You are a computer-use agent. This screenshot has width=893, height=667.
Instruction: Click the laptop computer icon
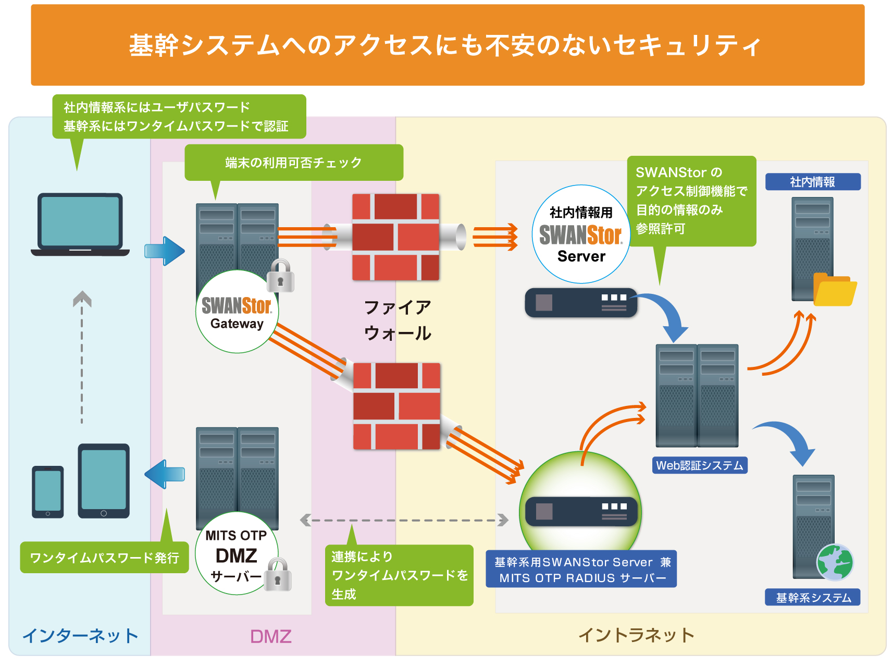(x=80, y=224)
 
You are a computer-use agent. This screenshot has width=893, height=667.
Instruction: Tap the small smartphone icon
(x=47, y=491)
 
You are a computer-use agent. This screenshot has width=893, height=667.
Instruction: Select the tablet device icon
(x=104, y=480)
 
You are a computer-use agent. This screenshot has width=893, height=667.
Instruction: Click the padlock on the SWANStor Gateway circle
(x=280, y=276)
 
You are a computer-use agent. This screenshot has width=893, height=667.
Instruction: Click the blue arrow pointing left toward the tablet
(x=165, y=474)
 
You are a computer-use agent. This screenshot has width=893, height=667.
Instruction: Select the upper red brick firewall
(x=396, y=237)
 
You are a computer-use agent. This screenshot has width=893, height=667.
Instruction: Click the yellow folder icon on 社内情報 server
(x=834, y=290)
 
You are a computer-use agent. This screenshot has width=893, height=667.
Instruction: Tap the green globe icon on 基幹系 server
(x=835, y=562)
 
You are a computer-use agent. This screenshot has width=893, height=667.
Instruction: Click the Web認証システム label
(x=699, y=465)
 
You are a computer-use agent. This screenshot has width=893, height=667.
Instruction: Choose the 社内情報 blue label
(x=812, y=182)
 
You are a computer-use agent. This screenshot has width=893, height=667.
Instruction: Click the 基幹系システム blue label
(x=812, y=597)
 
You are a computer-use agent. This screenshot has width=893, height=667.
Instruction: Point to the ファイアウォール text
(x=397, y=320)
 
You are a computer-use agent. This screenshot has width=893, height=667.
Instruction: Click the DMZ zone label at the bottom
(x=270, y=636)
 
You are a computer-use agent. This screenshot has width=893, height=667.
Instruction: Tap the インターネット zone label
(x=80, y=636)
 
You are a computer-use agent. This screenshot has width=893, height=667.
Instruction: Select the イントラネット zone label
(x=636, y=635)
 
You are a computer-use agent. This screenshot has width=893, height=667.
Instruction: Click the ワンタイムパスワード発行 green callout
(x=104, y=558)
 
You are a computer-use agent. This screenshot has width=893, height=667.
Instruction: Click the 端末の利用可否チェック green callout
(x=293, y=163)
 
